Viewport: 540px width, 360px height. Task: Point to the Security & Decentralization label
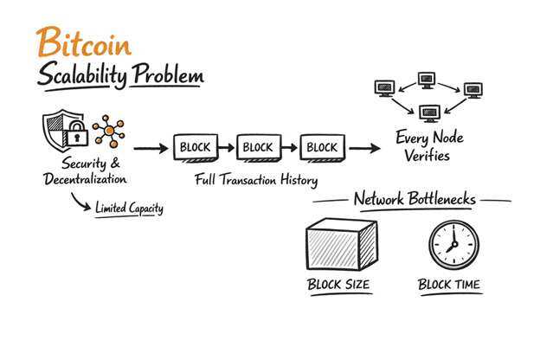pyautogui.click(x=85, y=171)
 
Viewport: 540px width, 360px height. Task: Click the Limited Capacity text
pyautogui.click(x=129, y=209)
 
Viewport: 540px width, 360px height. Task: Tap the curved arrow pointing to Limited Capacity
pyautogui.click(x=83, y=203)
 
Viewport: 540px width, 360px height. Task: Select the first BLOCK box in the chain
pyautogui.click(x=196, y=148)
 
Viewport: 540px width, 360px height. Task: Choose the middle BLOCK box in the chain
pyautogui.click(x=258, y=148)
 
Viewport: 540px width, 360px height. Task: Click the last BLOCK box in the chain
pyautogui.click(x=321, y=148)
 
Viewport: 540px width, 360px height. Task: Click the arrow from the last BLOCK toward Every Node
pyautogui.click(x=364, y=148)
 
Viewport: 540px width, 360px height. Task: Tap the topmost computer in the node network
pyautogui.click(x=427, y=80)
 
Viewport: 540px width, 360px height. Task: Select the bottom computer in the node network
pyautogui.click(x=428, y=113)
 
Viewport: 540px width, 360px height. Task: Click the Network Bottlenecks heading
pyautogui.click(x=415, y=200)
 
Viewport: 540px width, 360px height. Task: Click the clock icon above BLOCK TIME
pyautogui.click(x=452, y=244)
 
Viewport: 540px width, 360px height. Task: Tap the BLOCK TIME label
pyautogui.click(x=448, y=285)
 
